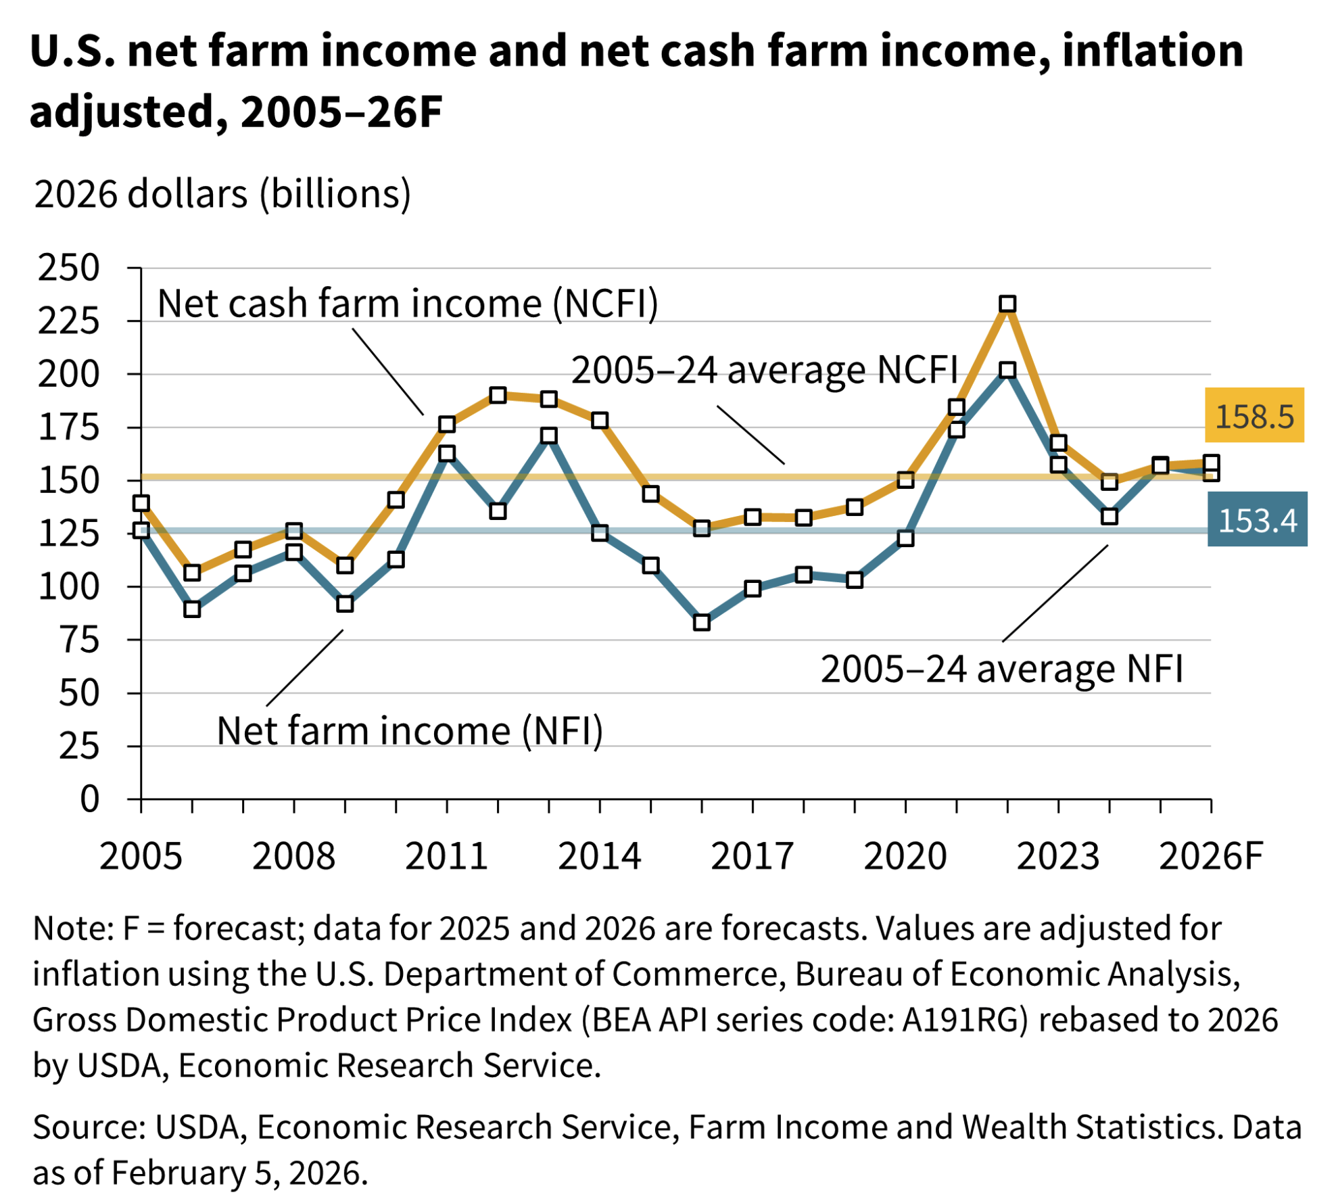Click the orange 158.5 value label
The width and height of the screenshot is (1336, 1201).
click(x=1254, y=415)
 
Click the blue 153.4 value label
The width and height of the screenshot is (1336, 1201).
click(x=1256, y=519)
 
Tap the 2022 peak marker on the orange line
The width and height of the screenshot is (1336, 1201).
click(x=1007, y=304)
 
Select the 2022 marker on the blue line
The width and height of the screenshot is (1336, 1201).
click(x=1007, y=370)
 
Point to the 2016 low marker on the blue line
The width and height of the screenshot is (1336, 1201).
click(x=701, y=621)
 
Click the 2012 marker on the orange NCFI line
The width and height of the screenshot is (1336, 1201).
click(x=498, y=395)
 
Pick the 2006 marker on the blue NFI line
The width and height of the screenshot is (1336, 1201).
click(x=192, y=609)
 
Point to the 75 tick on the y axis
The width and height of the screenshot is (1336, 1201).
click(x=80, y=640)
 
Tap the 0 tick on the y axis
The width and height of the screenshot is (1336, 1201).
click(x=89, y=799)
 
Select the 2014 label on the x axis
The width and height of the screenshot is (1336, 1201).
click(x=599, y=856)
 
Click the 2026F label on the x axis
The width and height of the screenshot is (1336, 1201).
click(x=1210, y=856)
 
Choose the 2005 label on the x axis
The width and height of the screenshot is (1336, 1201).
click(x=141, y=856)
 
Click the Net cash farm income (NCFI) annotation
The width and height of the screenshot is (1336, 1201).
click(x=408, y=303)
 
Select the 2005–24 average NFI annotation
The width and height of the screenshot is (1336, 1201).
click(x=1001, y=669)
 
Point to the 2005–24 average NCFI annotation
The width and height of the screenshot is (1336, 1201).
click(x=765, y=370)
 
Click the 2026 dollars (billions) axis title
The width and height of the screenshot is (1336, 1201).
click(x=222, y=194)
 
